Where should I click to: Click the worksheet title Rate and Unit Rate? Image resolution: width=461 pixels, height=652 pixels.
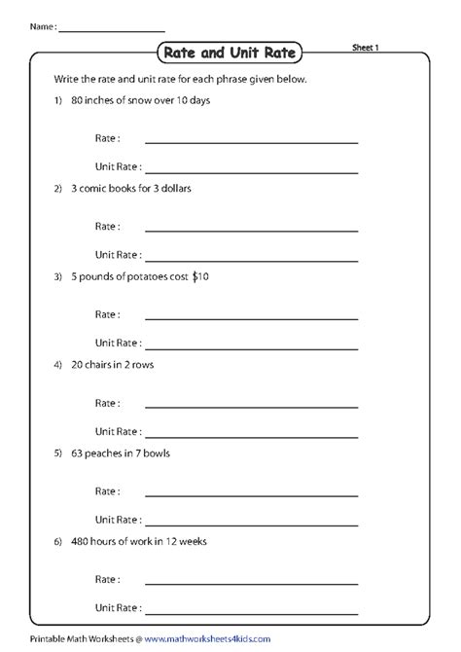[x=230, y=52]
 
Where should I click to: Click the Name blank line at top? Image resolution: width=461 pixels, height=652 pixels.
[x=111, y=29]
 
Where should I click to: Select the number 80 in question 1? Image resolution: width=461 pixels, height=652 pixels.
[x=78, y=100]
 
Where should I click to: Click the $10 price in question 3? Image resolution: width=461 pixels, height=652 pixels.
[x=200, y=277]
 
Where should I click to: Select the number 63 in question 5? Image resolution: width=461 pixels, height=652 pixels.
[x=78, y=453]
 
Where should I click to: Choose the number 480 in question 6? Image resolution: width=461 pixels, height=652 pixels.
[x=81, y=540]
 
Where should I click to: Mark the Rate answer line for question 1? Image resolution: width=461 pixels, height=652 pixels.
[x=251, y=143]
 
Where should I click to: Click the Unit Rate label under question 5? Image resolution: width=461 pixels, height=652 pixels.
[x=117, y=519]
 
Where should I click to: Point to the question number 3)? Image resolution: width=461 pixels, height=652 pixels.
[x=59, y=277]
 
